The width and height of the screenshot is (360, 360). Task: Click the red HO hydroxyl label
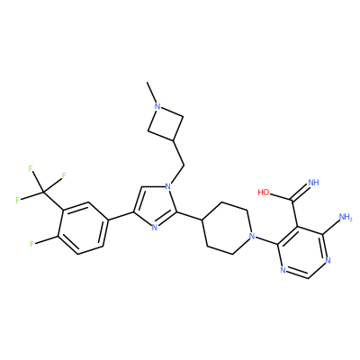264,192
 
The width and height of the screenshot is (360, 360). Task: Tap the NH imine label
313,183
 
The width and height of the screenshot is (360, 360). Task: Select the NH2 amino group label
346,217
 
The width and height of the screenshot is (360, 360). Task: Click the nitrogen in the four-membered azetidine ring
157,106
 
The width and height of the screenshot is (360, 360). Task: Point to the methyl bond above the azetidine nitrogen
152,92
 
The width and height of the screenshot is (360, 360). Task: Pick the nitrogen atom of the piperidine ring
252,236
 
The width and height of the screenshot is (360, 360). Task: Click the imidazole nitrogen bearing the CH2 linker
168,186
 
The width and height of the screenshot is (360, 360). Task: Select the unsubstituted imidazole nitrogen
154,228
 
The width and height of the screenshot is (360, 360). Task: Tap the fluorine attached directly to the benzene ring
31,244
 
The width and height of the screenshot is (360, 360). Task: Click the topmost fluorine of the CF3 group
31,168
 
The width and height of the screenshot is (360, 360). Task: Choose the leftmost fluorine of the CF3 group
18,200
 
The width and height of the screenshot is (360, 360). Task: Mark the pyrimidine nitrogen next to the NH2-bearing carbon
328,260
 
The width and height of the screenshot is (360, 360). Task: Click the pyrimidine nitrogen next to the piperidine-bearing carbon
283,270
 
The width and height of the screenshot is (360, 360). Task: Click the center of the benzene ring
82,228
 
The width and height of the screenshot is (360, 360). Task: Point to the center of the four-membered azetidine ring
166,123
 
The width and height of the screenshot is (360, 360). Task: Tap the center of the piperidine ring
227,229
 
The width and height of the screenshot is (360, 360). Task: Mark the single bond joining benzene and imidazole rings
120,217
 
